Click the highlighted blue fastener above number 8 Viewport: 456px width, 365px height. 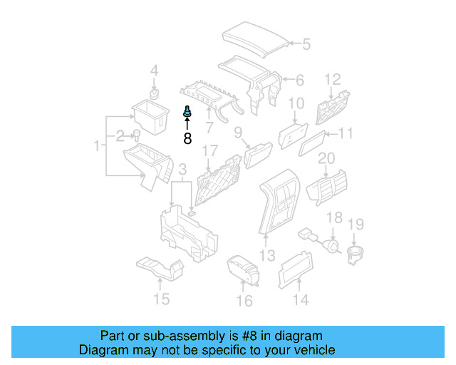(x=187, y=112)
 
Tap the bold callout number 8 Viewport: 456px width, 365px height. (x=187, y=138)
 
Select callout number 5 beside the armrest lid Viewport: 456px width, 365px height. (x=306, y=44)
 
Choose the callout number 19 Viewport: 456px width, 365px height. (x=356, y=225)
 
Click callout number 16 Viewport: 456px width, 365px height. (x=244, y=301)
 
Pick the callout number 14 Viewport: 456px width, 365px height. (x=301, y=300)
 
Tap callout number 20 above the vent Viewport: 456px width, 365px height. (x=326, y=158)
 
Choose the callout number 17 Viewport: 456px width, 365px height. (x=209, y=151)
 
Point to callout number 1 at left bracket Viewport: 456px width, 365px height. (x=97, y=146)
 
